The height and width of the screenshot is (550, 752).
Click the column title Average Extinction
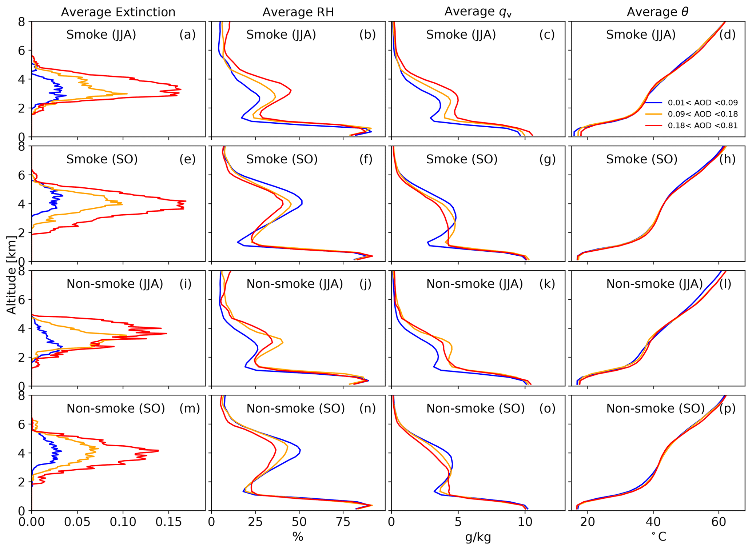tap(118, 12)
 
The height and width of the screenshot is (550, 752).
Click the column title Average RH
tap(298, 12)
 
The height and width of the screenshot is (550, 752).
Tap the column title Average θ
tap(657, 12)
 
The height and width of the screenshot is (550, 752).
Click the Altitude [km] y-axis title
tap(12, 275)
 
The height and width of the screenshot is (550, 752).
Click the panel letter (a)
tap(187, 35)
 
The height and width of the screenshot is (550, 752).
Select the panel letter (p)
tap(727, 408)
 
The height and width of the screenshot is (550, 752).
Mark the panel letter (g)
tap(548, 159)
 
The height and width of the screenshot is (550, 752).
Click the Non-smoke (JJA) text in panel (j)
tap(295, 284)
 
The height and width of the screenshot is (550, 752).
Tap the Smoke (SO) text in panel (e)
tap(102, 159)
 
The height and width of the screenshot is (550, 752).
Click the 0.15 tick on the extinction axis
tap(168, 522)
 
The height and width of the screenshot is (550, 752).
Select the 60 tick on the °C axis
tap(719, 522)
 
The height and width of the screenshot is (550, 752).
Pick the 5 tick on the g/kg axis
tap(458, 522)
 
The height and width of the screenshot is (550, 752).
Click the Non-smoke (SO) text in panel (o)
tap(476, 408)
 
